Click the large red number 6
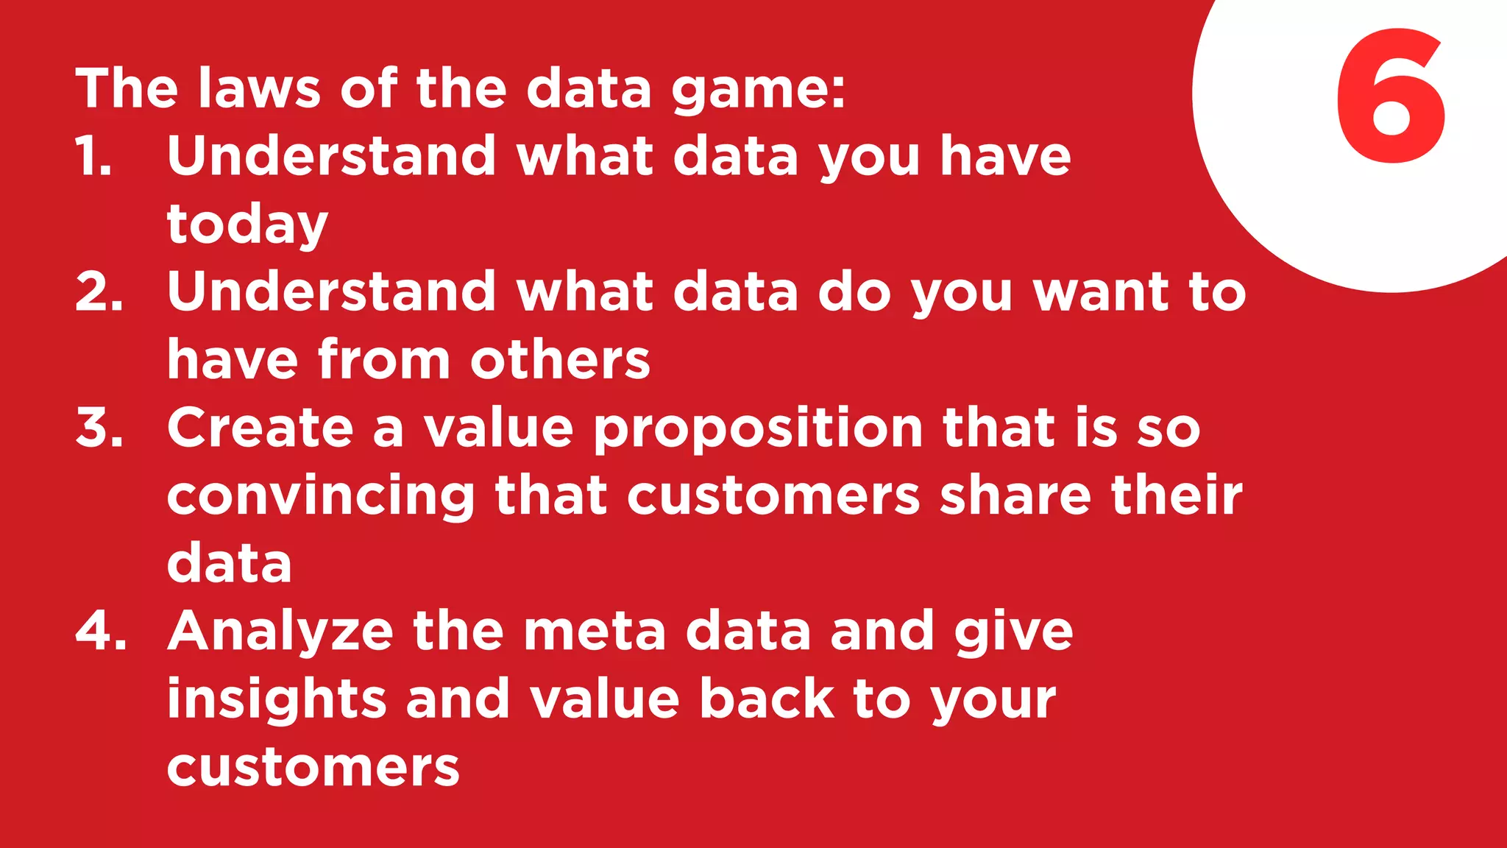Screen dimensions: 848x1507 coord(1391,96)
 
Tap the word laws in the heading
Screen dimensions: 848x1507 coord(260,88)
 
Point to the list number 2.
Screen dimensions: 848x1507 coord(99,291)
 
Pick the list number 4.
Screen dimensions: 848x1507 coord(100,631)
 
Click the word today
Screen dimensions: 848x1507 coord(247,225)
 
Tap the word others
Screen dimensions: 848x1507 coord(560,360)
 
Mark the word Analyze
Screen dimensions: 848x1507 coord(280,632)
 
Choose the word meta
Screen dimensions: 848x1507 coord(595,631)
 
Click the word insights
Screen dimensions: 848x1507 coord(277,700)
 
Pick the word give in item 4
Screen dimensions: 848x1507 coord(1013,632)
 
